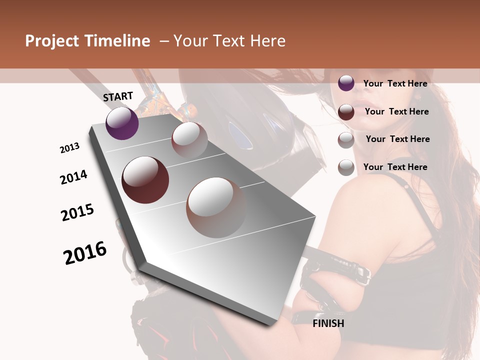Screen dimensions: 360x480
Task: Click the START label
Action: [x=118, y=96]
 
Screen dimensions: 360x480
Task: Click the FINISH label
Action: [x=328, y=323]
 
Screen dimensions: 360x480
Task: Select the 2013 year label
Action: [x=69, y=148]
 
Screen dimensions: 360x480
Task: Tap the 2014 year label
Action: [x=73, y=177]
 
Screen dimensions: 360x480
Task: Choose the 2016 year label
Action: [x=85, y=253]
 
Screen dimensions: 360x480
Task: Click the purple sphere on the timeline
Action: [x=122, y=123]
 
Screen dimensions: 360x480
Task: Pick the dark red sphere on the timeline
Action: [x=145, y=179]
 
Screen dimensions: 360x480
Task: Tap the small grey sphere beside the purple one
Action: [x=189, y=140]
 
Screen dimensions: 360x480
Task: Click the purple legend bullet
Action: [x=346, y=83]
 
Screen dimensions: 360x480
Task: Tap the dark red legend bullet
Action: [x=346, y=111]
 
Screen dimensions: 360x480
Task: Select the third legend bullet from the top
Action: [x=346, y=139]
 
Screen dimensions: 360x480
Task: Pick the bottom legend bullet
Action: [x=346, y=167]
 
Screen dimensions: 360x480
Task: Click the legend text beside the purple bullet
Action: [x=395, y=83]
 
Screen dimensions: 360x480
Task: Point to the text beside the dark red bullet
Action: [x=396, y=111]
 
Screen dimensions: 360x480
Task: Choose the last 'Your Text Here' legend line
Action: [x=395, y=167]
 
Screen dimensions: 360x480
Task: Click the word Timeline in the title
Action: [x=117, y=41]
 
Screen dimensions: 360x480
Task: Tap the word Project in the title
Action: [x=51, y=41]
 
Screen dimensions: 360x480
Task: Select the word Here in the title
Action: [x=268, y=41]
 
